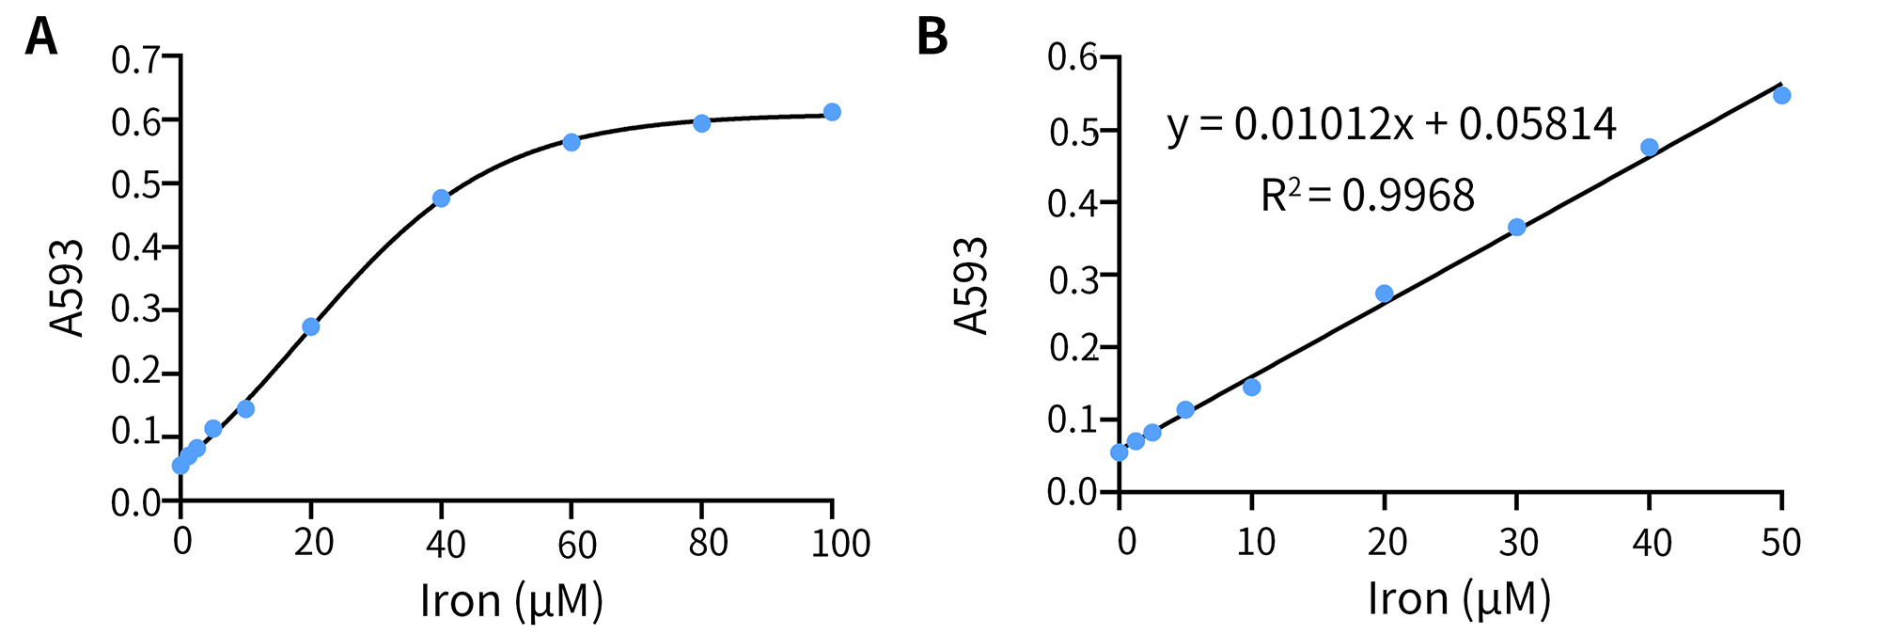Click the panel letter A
point(40,38)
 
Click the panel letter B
point(932,38)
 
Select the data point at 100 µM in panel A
point(831,112)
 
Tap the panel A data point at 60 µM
point(571,142)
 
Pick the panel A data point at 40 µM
point(441,198)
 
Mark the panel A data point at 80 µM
point(701,123)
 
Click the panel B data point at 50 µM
point(1781,95)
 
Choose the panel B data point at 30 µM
point(1516,227)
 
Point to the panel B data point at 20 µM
point(1384,294)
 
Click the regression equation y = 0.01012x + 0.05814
point(1391,125)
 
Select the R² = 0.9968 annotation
point(1368,196)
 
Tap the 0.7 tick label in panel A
point(135,60)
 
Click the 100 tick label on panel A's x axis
point(839,544)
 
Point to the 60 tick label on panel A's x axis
point(576,544)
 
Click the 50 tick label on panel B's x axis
point(1780,542)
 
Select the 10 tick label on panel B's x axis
point(1255,542)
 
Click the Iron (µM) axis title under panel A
point(510,600)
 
